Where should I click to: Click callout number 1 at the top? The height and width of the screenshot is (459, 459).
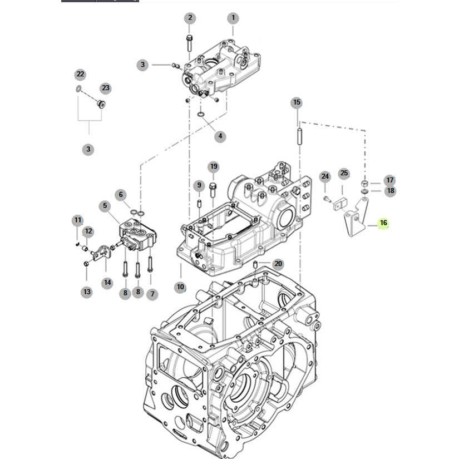[x=233, y=18]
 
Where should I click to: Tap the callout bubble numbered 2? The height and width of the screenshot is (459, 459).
[x=190, y=18]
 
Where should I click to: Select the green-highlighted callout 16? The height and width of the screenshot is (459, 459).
[x=383, y=223]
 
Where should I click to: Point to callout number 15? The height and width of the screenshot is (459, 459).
[x=297, y=102]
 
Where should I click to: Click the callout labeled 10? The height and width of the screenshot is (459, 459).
[x=180, y=287]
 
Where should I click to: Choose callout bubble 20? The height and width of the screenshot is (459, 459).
[x=278, y=264]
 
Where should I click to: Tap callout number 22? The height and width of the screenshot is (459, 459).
[x=80, y=74]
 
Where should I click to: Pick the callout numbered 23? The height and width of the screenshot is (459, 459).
[x=106, y=88]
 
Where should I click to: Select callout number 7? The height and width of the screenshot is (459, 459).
[x=152, y=293]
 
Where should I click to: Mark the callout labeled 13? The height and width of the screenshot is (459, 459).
[x=86, y=291]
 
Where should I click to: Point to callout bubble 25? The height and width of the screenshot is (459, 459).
[x=344, y=174]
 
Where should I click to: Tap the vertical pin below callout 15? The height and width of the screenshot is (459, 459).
[x=299, y=135]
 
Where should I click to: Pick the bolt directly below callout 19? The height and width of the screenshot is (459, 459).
[x=214, y=189]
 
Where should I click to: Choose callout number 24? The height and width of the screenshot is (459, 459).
[x=325, y=177]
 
